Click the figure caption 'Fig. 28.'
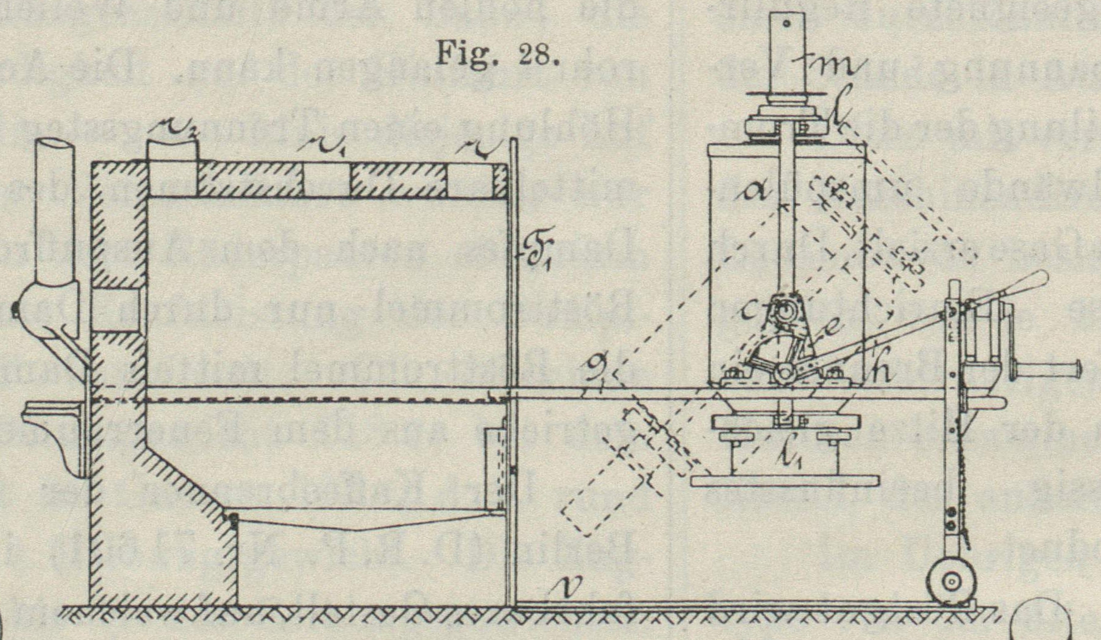[497, 57]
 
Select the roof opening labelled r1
[326, 180]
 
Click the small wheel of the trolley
[950, 581]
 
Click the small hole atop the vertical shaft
[786, 24]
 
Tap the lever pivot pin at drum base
[785, 371]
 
